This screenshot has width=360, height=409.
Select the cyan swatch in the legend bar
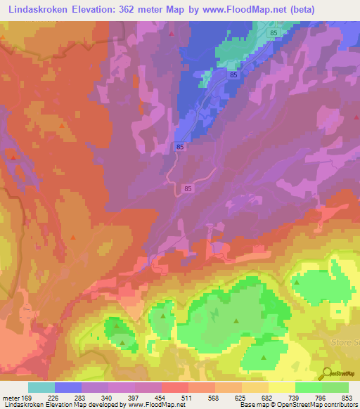click(x=41, y=387)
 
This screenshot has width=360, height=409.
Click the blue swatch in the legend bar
click(x=68, y=387)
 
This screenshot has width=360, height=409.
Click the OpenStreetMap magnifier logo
click(x=326, y=372)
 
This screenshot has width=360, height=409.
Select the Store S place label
click(x=344, y=342)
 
